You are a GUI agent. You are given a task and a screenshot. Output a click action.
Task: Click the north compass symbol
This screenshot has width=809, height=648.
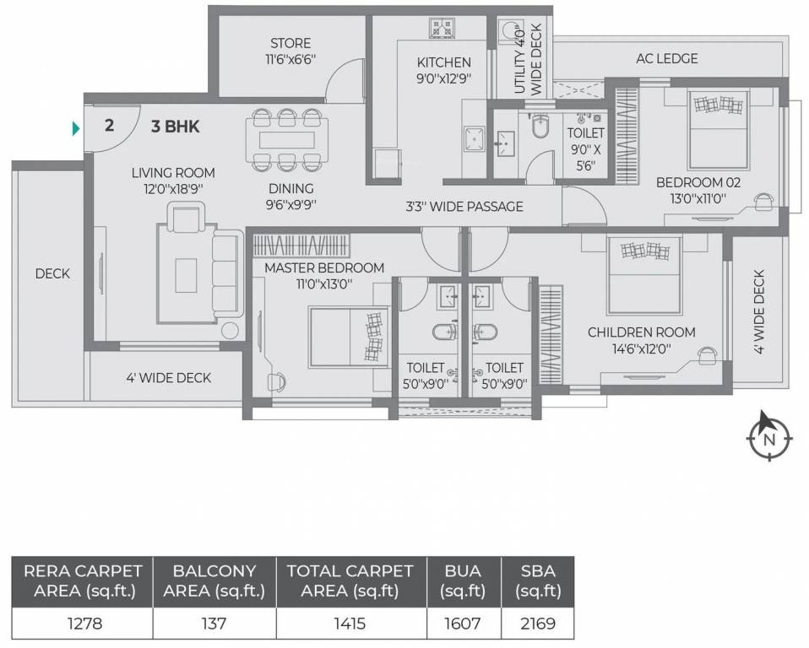click(x=768, y=435)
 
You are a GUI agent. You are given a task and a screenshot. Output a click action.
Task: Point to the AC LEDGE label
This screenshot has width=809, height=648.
click(x=666, y=58)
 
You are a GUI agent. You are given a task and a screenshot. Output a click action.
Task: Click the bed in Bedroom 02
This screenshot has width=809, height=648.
click(x=718, y=131)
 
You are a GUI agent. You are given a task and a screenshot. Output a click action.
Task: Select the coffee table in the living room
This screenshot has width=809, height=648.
click(x=187, y=274)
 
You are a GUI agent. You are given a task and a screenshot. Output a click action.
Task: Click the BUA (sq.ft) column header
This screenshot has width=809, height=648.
click(x=463, y=580)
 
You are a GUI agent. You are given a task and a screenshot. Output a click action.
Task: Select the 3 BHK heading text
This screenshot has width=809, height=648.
click(x=175, y=127)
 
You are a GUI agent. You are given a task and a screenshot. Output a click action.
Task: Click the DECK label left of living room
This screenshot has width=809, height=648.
click(x=52, y=273)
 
